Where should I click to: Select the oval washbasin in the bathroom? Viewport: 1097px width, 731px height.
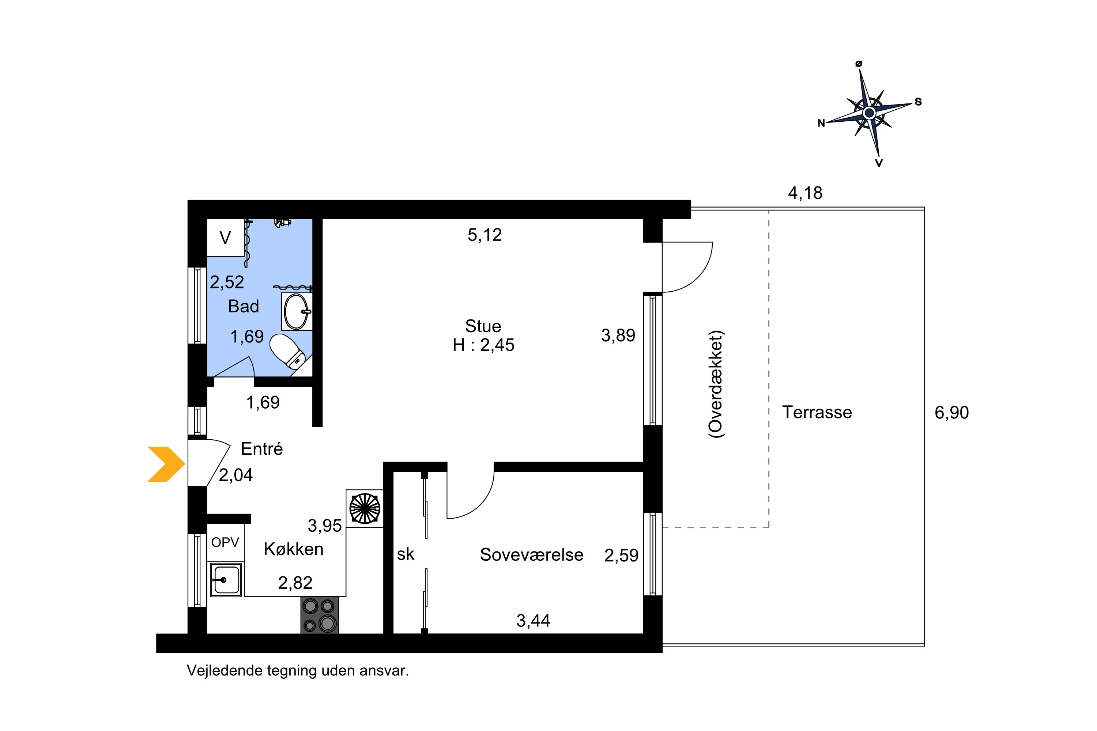click(296, 311)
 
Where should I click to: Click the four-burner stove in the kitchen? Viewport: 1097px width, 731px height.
click(320, 615)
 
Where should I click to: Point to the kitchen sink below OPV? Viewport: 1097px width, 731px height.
click(226, 579)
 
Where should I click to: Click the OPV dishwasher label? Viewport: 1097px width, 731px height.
click(225, 542)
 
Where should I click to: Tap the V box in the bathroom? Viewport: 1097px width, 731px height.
click(225, 238)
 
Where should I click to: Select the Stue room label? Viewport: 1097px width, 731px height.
click(483, 326)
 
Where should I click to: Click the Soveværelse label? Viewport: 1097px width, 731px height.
click(531, 555)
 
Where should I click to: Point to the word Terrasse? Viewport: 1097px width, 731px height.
click(817, 412)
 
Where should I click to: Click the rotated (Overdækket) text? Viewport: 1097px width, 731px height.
click(716, 384)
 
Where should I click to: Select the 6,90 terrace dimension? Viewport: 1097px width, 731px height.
click(951, 413)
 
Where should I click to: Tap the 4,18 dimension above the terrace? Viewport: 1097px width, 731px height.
click(805, 193)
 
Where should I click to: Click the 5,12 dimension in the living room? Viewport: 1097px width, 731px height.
click(485, 235)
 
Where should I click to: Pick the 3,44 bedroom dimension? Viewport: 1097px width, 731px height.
click(533, 621)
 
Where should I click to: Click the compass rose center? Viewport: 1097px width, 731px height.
click(869, 113)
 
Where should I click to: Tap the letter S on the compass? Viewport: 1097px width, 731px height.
click(918, 102)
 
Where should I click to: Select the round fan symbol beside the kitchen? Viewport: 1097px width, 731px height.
click(365, 508)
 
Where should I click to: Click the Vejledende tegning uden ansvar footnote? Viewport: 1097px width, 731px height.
click(298, 670)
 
